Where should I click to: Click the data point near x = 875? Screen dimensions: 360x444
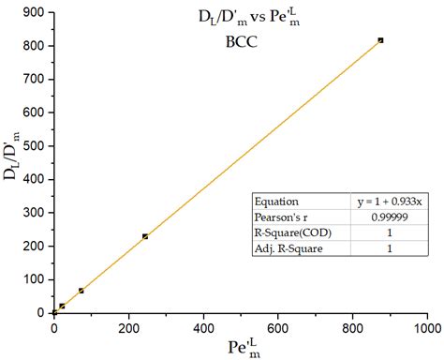point(380,40)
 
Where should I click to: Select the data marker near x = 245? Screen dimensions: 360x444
point(145,236)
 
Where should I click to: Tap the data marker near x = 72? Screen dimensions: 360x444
point(81,291)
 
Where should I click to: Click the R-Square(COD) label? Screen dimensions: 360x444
point(294,232)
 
